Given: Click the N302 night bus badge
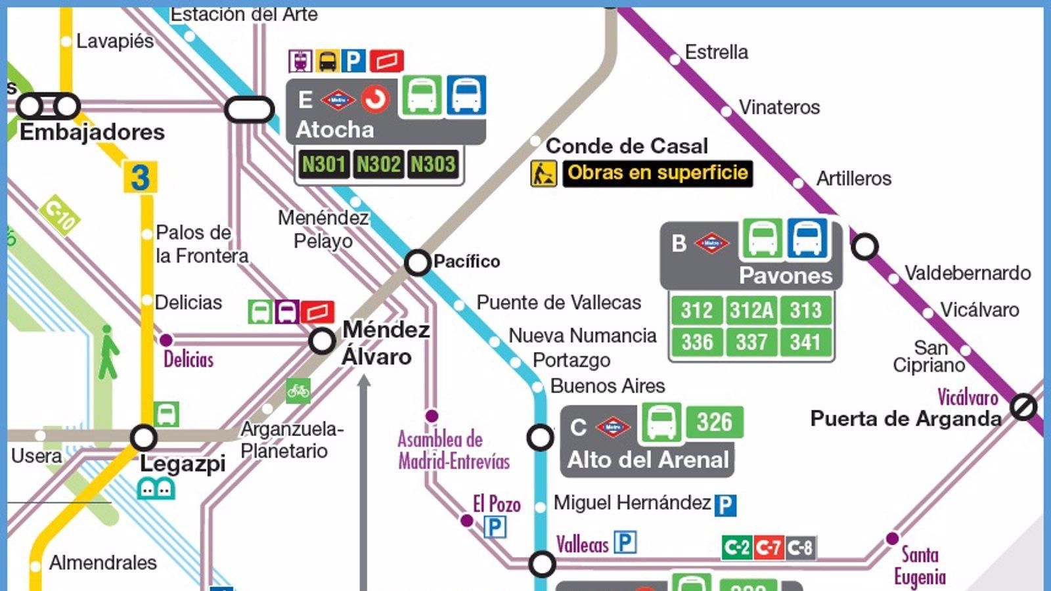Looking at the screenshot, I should coord(378,164).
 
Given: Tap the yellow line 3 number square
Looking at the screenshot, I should coord(140,177).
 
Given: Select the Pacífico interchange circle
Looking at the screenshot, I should coord(418,262).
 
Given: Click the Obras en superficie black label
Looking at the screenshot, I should coord(658,173).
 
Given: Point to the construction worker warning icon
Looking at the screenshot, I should coord(543,174).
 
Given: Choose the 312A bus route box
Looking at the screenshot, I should coord(751,310).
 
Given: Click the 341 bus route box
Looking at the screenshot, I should coord(805,342).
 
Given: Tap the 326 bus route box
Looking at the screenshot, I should coord(715,422).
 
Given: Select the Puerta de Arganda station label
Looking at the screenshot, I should coord(905,419).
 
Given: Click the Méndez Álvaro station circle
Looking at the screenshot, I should coord(322,341).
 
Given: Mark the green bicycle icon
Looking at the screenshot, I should coord(298,391).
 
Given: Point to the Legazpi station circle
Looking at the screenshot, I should coord(143,437).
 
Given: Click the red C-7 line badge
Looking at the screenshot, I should coord(768,548).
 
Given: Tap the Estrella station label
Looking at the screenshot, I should coord(716,52).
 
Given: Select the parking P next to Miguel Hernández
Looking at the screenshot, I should coord(725,505).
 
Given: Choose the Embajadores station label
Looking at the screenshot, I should coord(92,132).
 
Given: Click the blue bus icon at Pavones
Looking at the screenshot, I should coord(807,238).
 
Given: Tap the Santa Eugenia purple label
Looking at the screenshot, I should coord(920,566).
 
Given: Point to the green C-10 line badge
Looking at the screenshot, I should coord(60,215).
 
